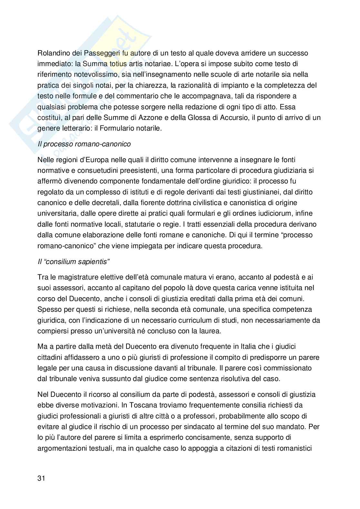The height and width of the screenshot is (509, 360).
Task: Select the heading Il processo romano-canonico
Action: (84, 144)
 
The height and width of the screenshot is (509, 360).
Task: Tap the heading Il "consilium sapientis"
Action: (74, 261)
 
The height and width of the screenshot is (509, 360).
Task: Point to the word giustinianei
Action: (258, 192)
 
